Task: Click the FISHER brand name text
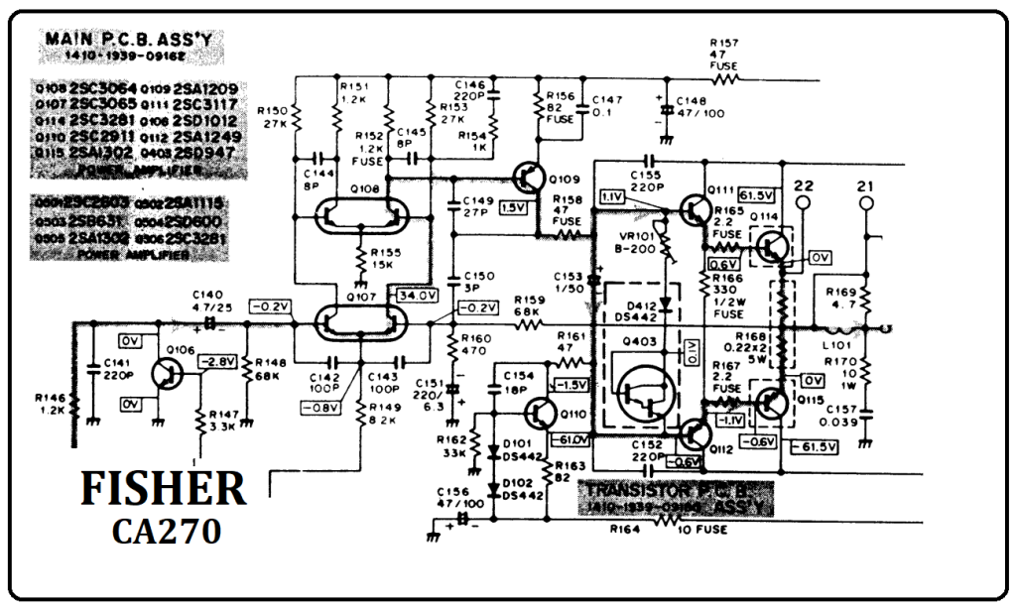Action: pos(163,490)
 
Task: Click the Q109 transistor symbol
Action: pos(531,180)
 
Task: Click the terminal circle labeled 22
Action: pos(804,203)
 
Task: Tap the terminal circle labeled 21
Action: pos(866,203)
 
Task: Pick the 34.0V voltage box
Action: pos(416,295)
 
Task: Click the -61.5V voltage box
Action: pos(816,447)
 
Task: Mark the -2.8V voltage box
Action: pos(217,364)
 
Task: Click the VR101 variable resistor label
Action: pos(635,236)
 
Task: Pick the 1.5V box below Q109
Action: pos(514,207)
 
